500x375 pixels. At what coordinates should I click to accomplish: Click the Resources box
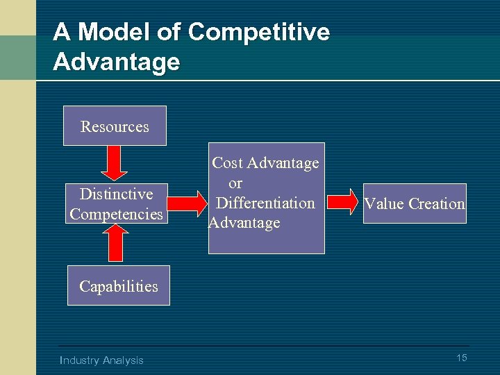[x=115, y=126]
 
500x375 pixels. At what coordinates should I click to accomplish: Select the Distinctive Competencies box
[x=116, y=203]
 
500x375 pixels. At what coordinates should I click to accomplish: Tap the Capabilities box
[x=118, y=285]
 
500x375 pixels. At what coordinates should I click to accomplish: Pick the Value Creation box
[x=415, y=203]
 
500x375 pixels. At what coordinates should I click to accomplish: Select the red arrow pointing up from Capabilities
[x=116, y=243]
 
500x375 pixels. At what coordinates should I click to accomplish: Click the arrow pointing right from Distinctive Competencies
[x=186, y=203]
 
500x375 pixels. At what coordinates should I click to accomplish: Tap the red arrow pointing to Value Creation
[x=341, y=203]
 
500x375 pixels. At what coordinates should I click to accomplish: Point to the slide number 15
[x=461, y=358]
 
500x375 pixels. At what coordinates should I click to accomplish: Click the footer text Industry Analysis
[x=102, y=360]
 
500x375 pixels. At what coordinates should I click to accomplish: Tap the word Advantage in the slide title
[x=117, y=62]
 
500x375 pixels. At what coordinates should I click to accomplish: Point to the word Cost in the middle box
[x=226, y=163]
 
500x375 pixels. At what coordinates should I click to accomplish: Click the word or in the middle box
[x=235, y=183]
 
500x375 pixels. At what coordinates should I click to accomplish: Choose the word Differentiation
[x=266, y=203]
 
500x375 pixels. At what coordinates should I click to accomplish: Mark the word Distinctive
[x=116, y=194]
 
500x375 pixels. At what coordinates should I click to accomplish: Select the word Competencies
[x=116, y=214]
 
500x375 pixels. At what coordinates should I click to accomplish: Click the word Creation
[x=437, y=203]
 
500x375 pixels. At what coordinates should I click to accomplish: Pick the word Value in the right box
[x=385, y=203]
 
